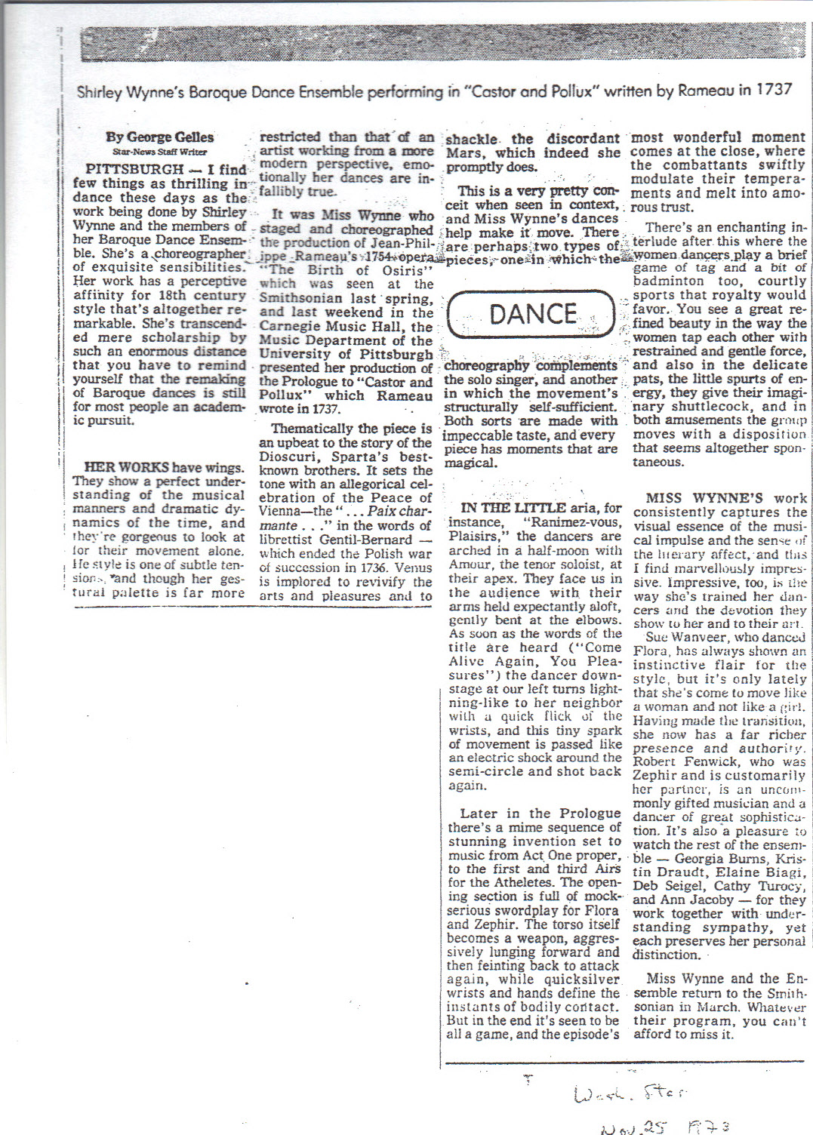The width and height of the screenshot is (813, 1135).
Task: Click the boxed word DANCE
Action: pos(532,313)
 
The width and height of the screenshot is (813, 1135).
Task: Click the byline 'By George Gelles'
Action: pos(159,137)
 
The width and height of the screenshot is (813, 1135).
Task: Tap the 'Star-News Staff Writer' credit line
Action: pos(159,152)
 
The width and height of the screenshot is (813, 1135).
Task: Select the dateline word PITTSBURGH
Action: pos(134,169)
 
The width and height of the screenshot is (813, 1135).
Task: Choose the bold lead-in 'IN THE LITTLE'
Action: pos(513,508)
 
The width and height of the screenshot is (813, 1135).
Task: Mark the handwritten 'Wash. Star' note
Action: pos(630,1093)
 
